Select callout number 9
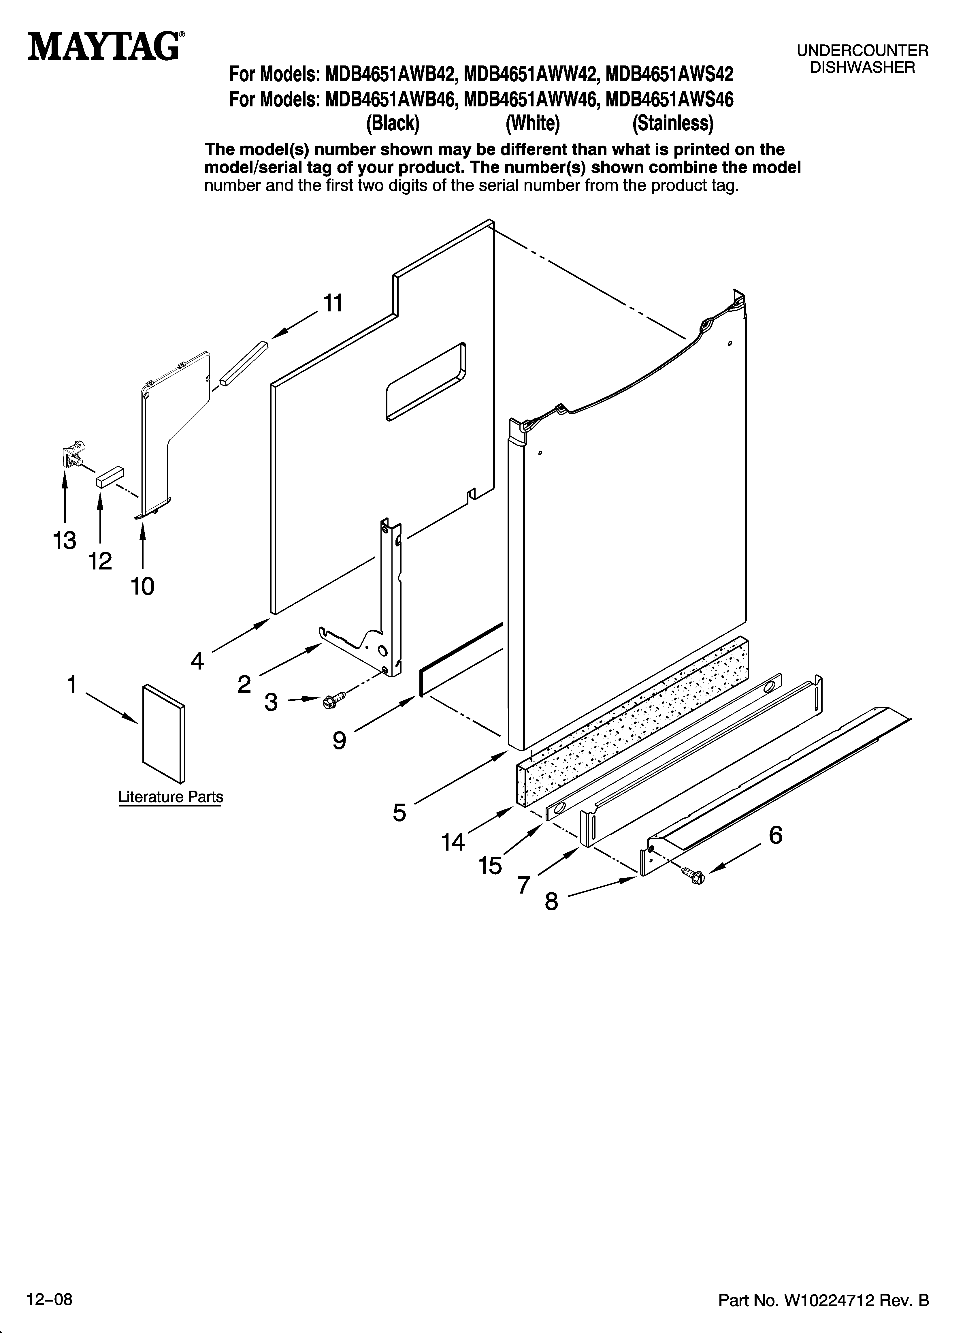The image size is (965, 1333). [x=339, y=740]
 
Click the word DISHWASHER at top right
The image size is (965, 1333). [x=862, y=67]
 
